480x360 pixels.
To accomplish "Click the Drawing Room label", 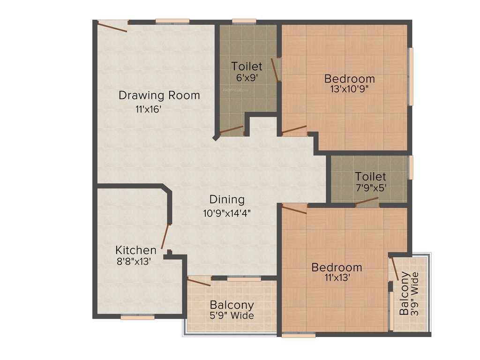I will click(159, 96).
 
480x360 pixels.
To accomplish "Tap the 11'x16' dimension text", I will click(149, 110).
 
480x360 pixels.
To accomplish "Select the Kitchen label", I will click(136, 249).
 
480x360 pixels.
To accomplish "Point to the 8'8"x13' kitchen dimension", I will click(133, 262).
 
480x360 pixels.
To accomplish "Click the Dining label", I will click(227, 200).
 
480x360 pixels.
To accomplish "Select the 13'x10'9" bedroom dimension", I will click(350, 90).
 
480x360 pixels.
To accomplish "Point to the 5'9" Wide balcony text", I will click(232, 315).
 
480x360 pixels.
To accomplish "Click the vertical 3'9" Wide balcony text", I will click(415, 293).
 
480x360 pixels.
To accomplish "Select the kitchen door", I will click(165, 236).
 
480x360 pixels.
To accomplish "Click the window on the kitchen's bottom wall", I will click(137, 317).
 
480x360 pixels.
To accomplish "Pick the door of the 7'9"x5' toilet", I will click(367, 202).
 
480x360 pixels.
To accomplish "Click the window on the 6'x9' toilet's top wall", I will click(244, 21).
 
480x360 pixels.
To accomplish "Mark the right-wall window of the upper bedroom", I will click(411, 76).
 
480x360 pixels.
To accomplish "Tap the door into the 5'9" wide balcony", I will click(199, 281).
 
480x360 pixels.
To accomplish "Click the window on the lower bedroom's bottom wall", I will click(299, 335).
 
